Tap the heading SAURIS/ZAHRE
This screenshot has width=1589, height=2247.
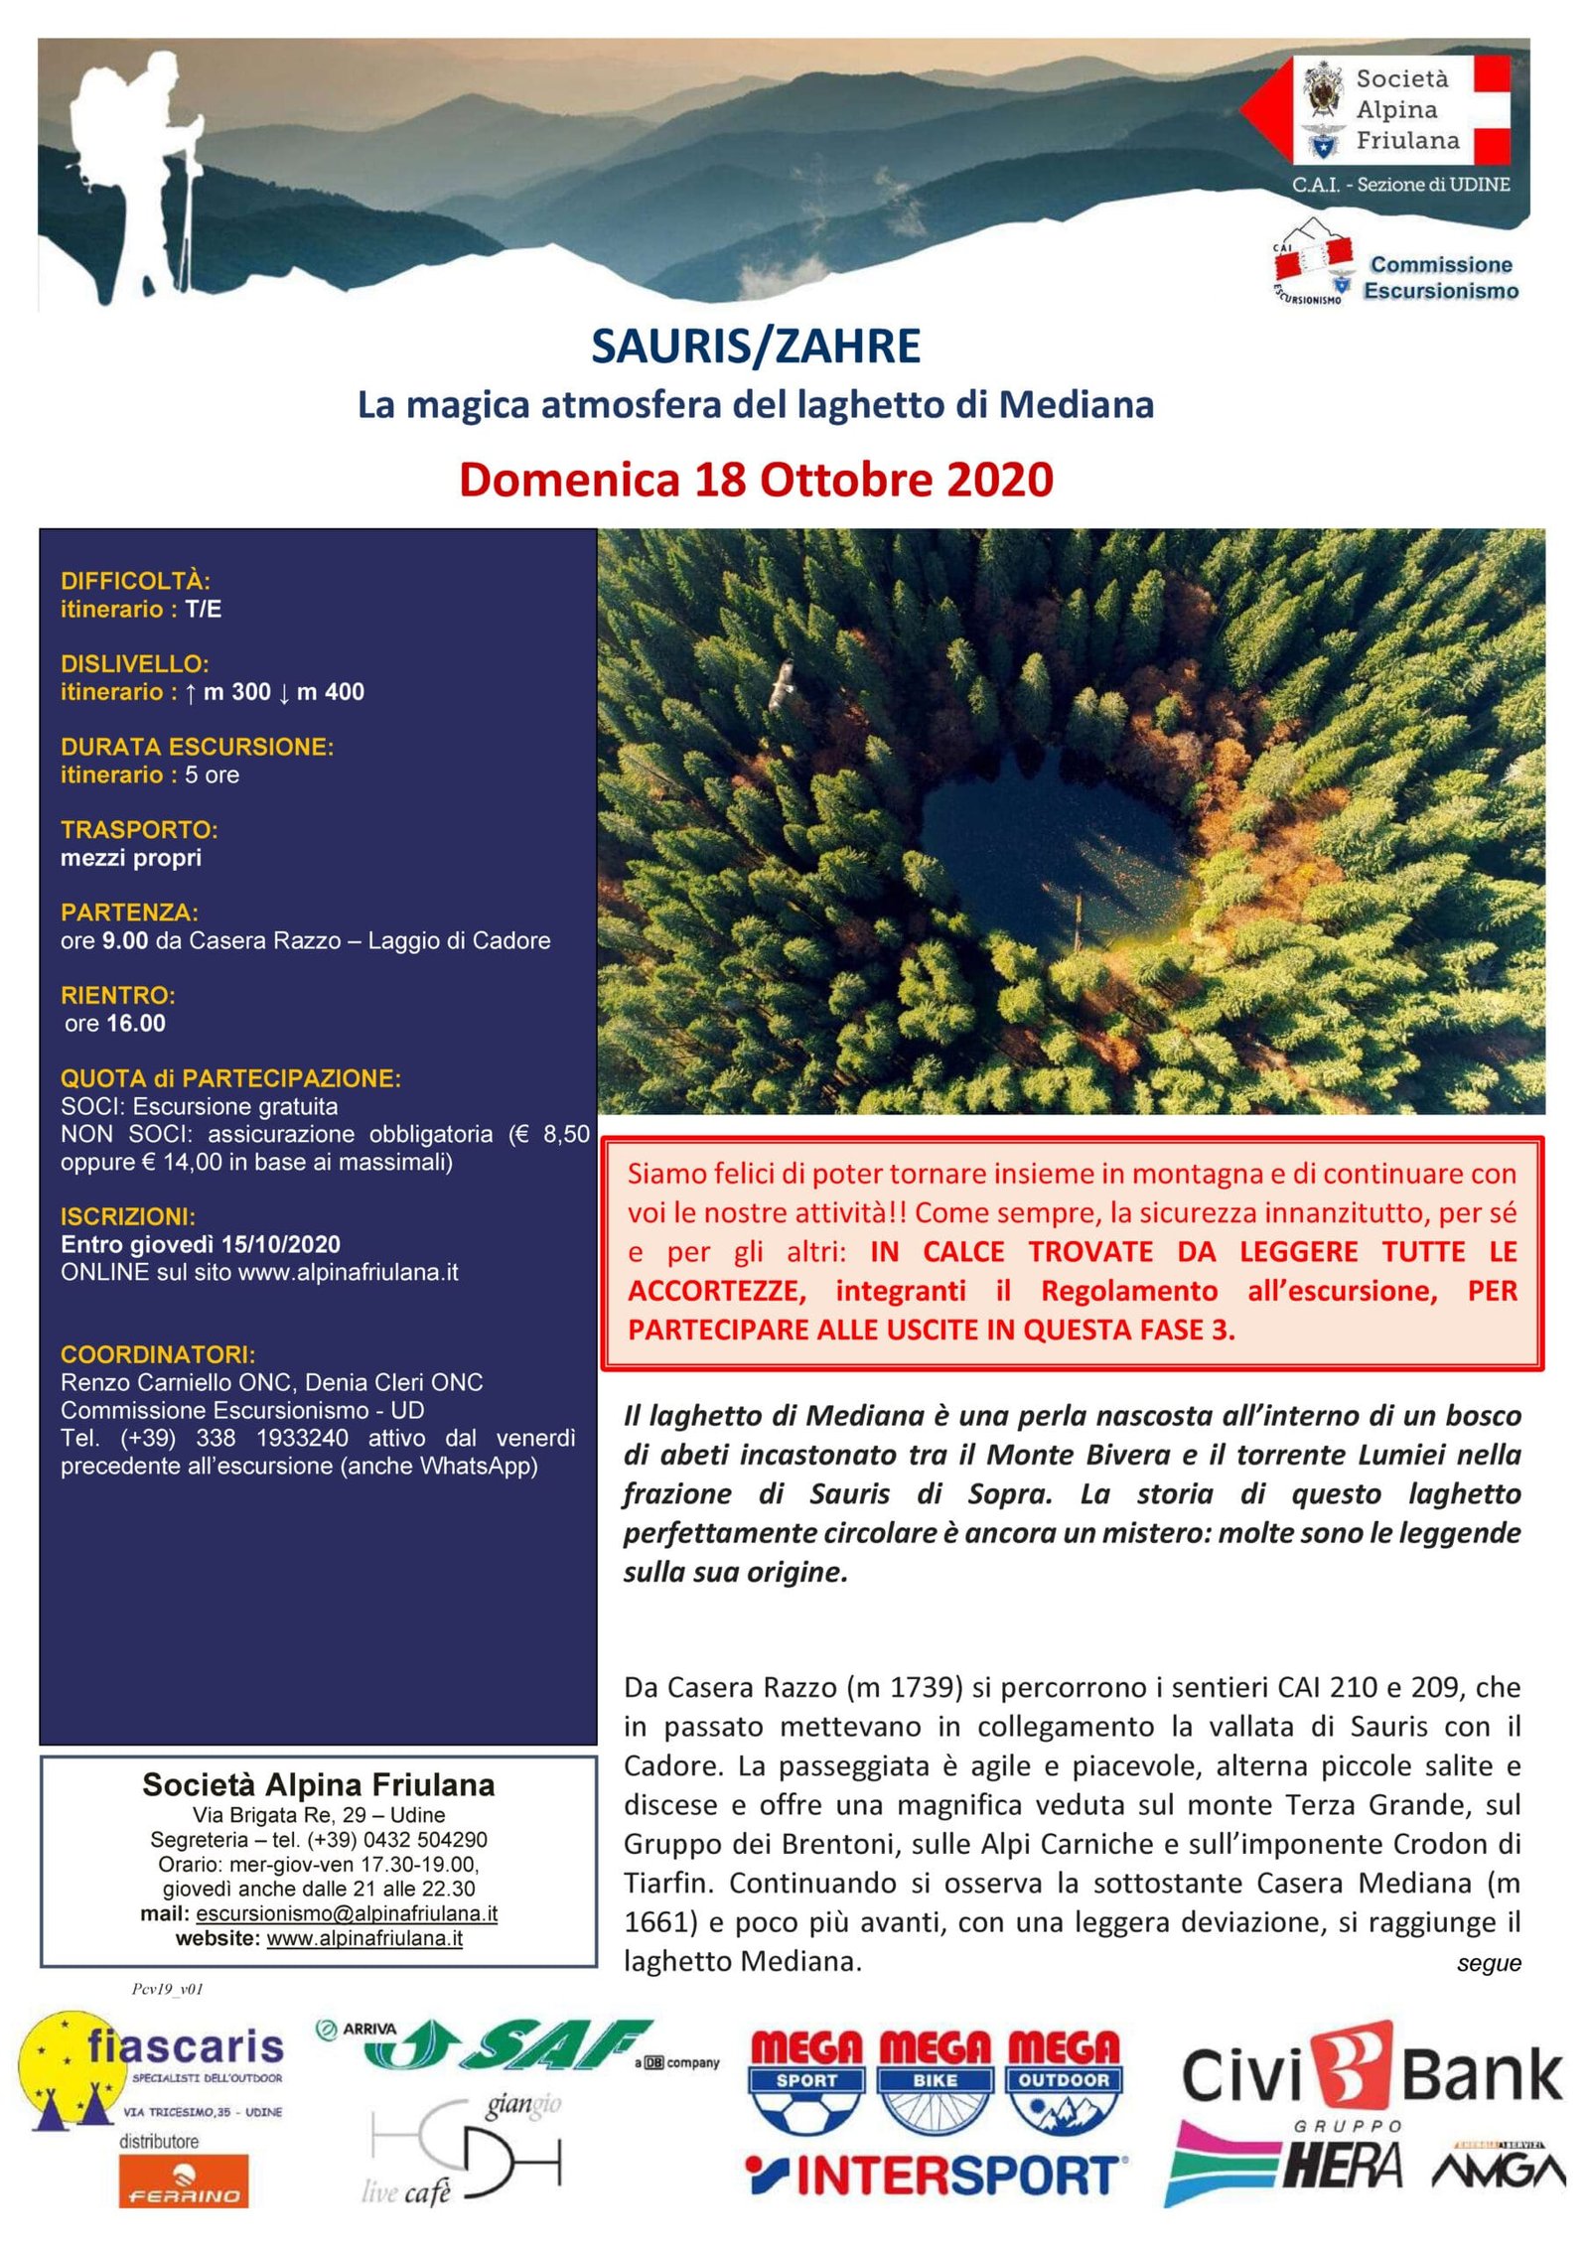(x=756, y=347)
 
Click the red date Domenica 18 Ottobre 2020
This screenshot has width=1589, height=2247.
(x=756, y=480)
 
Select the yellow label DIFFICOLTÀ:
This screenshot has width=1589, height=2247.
(x=135, y=581)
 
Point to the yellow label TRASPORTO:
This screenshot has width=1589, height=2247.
(x=139, y=829)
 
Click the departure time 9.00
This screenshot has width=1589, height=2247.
(x=124, y=940)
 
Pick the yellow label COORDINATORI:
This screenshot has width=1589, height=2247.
(x=158, y=1354)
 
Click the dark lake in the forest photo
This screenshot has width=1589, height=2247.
(x=1053, y=844)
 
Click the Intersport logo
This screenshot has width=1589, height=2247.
(x=937, y=2177)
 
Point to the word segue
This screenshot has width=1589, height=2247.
(x=1488, y=1963)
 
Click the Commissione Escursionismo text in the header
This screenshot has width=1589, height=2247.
(x=1440, y=278)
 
